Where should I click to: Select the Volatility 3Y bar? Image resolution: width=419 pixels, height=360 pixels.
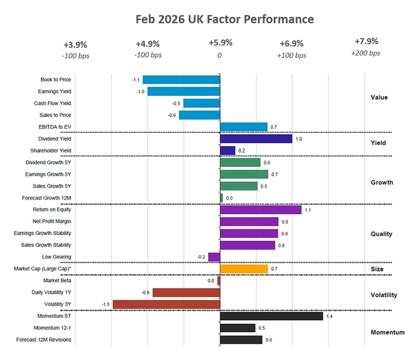pyautogui.click(x=166, y=304)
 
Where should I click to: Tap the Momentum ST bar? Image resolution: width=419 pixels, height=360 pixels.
pyautogui.click(x=272, y=316)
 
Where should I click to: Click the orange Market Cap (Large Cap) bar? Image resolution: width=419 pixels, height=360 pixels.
pyautogui.click(x=244, y=269)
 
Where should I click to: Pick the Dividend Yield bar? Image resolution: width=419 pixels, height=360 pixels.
pyautogui.click(x=256, y=139)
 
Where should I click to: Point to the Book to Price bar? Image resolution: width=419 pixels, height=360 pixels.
pyautogui.click(x=182, y=80)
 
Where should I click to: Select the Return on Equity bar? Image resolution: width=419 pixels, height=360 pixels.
pyautogui.click(x=261, y=210)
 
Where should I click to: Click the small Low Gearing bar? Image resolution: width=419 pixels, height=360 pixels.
pyautogui.click(x=214, y=257)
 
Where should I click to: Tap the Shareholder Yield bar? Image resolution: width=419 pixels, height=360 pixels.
pyautogui.click(x=227, y=151)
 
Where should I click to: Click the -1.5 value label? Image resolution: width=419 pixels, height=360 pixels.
pyautogui.click(x=106, y=304)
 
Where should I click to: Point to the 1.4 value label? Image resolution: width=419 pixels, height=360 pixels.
pyautogui.click(x=329, y=317)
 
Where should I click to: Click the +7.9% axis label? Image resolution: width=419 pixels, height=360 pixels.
pyautogui.click(x=367, y=42)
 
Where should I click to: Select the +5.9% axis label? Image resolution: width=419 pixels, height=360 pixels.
pyautogui.click(x=221, y=43)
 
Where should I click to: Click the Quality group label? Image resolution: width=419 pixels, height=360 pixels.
pyautogui.click(x=381, y=234)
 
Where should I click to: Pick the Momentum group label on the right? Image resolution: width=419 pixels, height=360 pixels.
pyautogui.click(x=387, y=333)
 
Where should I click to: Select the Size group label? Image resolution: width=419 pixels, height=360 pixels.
pyautogui.click(x=377, y=269)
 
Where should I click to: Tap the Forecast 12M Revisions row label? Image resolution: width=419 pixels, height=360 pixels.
pyautogui.click(x=43, y=340)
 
